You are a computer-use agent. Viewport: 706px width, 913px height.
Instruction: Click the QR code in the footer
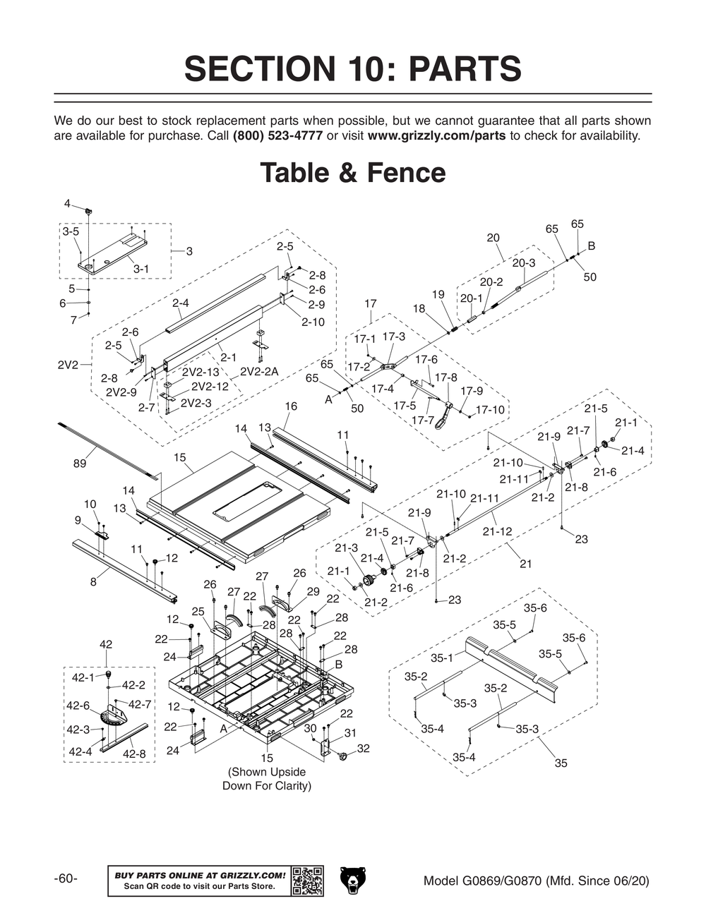[x=307, y=881]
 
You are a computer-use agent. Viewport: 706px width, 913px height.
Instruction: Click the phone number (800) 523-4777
[x=277, y=135]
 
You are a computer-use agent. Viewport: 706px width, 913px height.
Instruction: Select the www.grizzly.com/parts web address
[x=436, y=135]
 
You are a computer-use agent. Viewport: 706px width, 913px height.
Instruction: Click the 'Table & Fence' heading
[x=353, y=173]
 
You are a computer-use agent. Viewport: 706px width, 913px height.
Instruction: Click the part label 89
[x=79, y=464]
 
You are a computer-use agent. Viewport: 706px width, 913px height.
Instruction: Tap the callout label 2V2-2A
[x=259, y=372]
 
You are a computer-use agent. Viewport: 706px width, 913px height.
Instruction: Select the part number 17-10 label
[x=490, y=410]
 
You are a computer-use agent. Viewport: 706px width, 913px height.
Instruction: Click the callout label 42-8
[x=134, y=754]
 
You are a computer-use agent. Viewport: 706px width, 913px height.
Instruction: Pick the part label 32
[x=364, y=749]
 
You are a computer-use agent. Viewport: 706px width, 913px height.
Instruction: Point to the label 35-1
[x=442, y=658]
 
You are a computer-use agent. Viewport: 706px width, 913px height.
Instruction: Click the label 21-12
[x=498, y=531]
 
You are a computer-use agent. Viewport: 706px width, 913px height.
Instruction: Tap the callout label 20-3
[x=524, y=263]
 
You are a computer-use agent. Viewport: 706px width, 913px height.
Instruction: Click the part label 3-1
[x=140, y=269]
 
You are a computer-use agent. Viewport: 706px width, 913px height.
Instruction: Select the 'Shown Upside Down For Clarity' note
[x=267, y=778]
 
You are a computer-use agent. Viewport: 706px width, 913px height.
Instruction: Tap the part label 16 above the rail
[x=291, y=406]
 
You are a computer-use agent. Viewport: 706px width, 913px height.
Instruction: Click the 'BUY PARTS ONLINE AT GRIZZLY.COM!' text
[x=200, y=875]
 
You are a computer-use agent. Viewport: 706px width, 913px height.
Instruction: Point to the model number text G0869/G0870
[x=502, y=881]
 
